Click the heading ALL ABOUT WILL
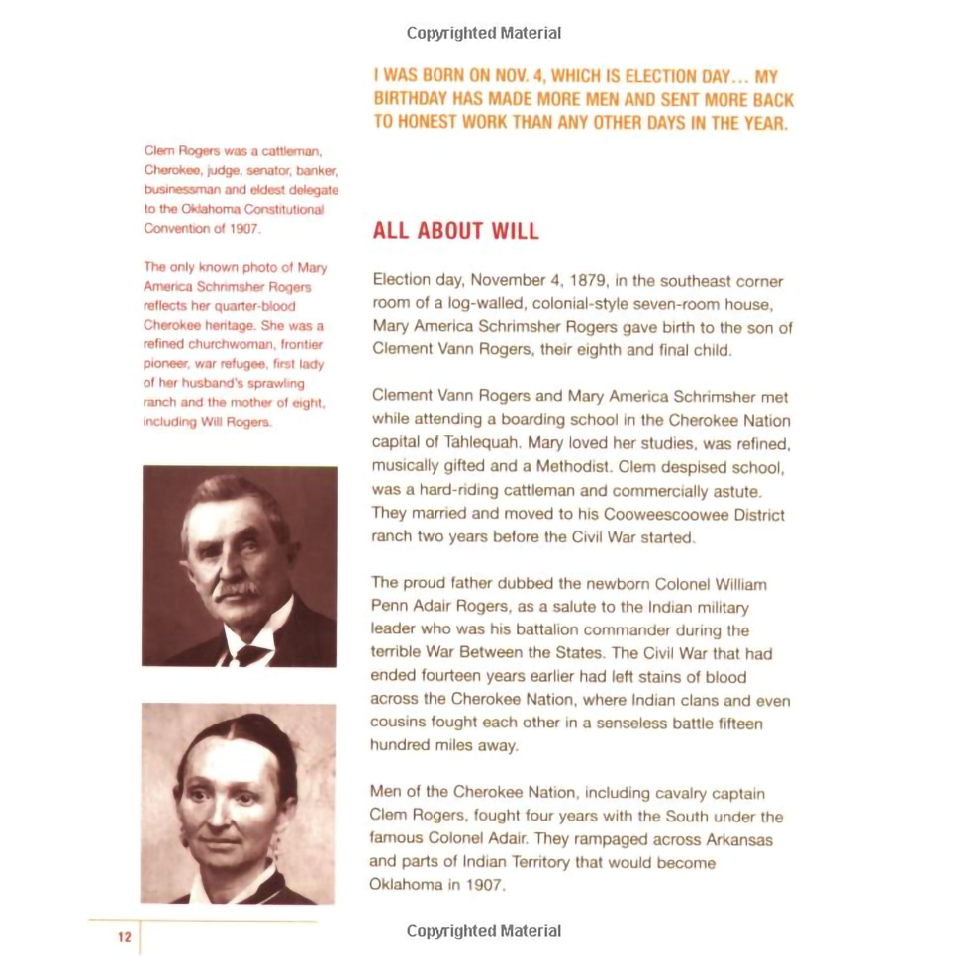click(455, 232)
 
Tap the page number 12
click(124, 936)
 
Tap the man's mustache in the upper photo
click(238, 590)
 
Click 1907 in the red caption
click(243, 229)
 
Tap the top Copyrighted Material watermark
click(483, 33)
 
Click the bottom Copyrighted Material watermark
click(483, 931)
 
